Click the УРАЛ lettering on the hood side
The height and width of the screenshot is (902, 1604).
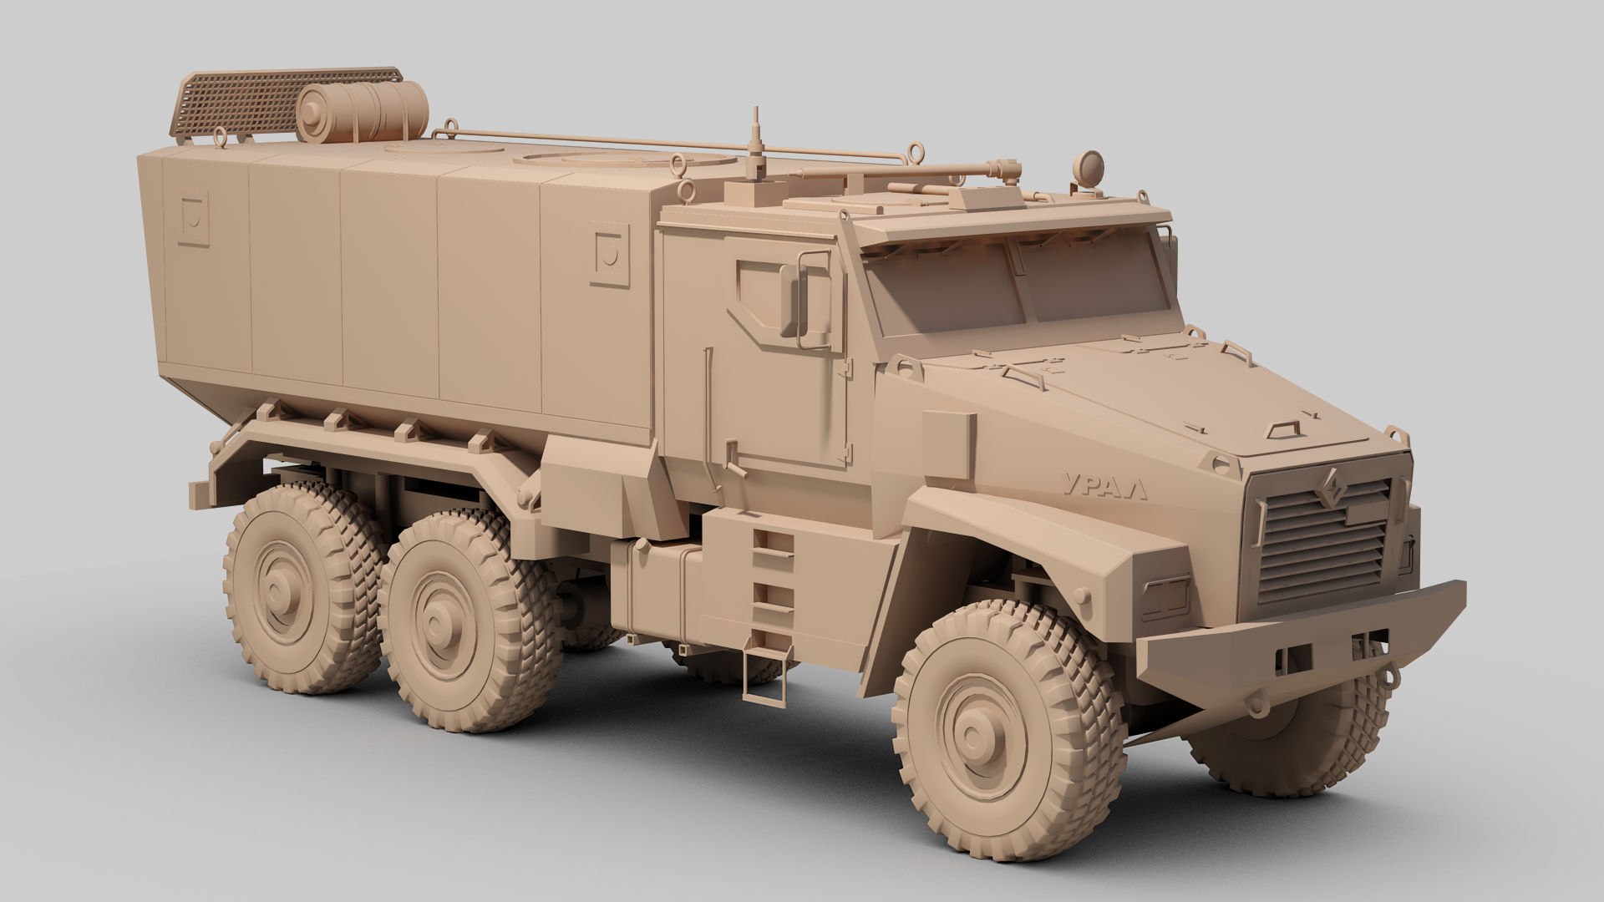1104,484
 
